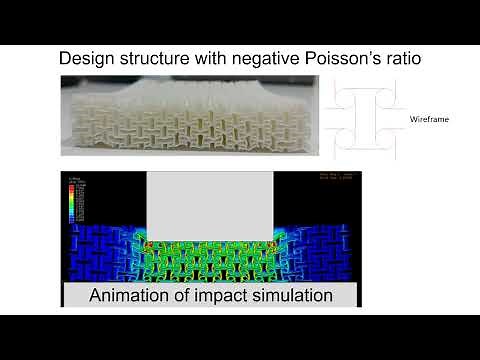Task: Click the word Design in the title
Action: tap(87, 58)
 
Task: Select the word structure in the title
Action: tap(157, 58)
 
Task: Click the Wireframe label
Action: tap(429, 119)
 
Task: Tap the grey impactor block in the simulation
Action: tap(211, 205)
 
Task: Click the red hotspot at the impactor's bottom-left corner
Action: tap(149, 243)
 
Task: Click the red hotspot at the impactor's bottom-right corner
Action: tap(273, 243)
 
